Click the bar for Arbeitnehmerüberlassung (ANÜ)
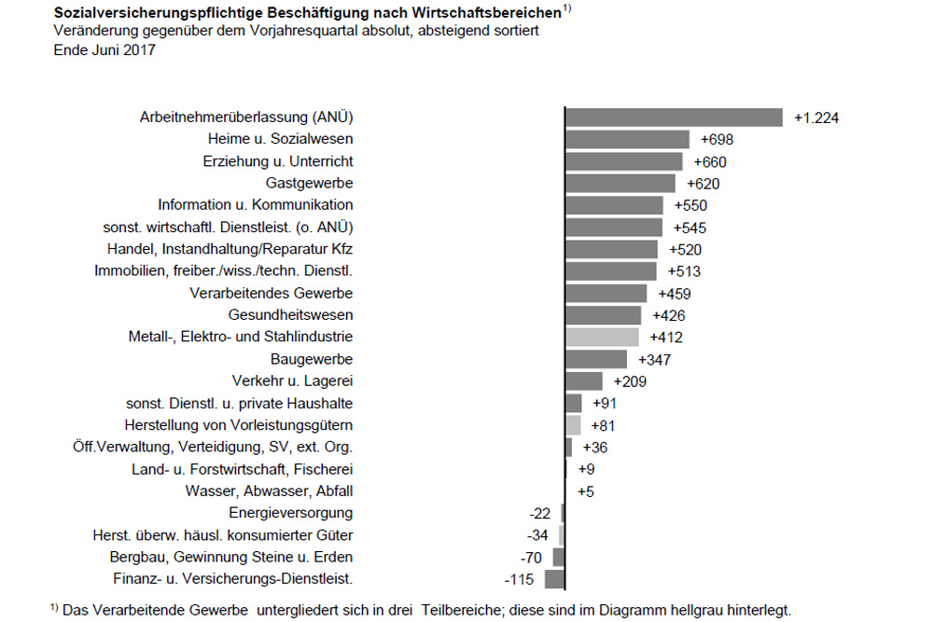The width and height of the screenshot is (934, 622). pyautogui.click(x=674, y=117)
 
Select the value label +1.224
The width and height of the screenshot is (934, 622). pyautogui.click(x=816, y=117)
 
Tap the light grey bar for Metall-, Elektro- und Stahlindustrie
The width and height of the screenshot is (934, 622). pyautogui.click(x=602, y=337)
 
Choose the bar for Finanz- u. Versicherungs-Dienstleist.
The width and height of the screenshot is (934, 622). pyautogui.click(x=555, y=579)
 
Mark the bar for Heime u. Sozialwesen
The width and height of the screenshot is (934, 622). pyautogui.click(x=627, y=139)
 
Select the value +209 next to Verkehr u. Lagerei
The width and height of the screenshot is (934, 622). pyautogui.click(x=630, y=381)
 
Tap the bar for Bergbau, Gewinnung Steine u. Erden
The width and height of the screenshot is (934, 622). pyautogui.click(x=559, y=557)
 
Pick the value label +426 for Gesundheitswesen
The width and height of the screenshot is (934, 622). pyautogui.click(x=670, y=315)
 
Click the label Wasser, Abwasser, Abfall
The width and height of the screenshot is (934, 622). pyautogui.click(x=269, y=491)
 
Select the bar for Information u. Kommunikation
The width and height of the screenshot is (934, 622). pyautogui.click(x=614, y=205)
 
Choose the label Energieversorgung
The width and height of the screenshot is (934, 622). pyautogui.click(x=290, y=513)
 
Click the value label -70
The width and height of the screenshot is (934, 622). pyautogui.click(x=532, y=557)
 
